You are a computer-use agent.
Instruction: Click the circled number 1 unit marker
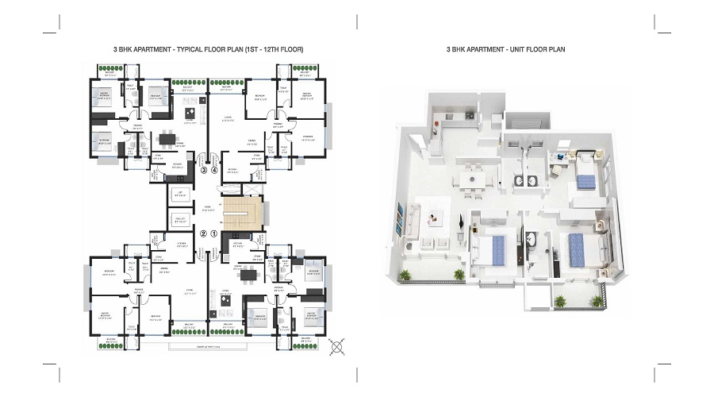[x=213, y=234]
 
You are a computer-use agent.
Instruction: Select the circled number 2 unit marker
[x=203, y=234]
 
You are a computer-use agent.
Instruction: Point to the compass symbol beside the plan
[x=338, y=346]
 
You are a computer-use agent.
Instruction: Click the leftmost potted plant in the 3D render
[x=407, y=275]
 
